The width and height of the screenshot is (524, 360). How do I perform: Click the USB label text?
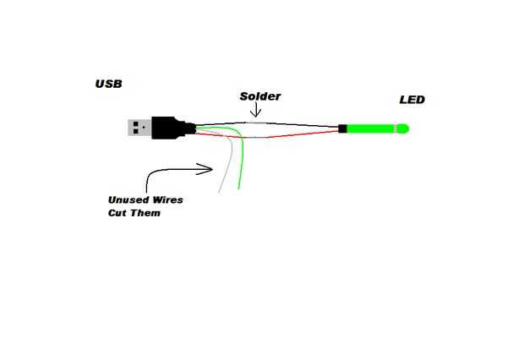click(109, 84)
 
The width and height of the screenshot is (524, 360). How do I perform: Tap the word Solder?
click(260, 96)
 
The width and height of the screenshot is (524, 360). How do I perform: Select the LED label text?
click(412, 100)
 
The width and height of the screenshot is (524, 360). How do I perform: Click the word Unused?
click(128, 200)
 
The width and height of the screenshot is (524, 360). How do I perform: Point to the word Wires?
click(167, 200)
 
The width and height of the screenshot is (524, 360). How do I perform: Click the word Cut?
click(117, 213)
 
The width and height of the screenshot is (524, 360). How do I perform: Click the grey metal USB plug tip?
click(139, 128)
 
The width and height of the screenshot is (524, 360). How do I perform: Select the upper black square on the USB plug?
click(136, 124)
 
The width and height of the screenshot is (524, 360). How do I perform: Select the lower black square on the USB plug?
click(136, 131)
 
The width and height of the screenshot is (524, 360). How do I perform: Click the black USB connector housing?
click(173, 128)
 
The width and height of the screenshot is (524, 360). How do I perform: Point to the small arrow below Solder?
click(255, 110)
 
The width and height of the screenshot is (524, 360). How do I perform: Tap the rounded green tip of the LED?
click(403, 128)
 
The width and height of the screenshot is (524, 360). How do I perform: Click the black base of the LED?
click(342, 128)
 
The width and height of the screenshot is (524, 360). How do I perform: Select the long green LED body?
click(371, 128)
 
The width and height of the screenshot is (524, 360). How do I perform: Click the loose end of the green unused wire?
click(238, 188)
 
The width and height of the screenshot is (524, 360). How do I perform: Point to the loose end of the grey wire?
click(219, 192)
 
